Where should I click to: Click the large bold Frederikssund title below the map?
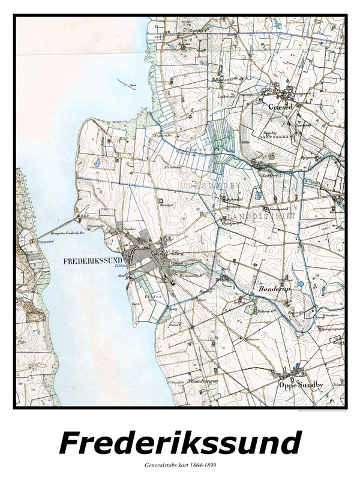click(x=180, y=444)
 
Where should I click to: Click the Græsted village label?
click(x=281, y=106)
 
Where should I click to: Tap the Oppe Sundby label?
click(x=298, y=386)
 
